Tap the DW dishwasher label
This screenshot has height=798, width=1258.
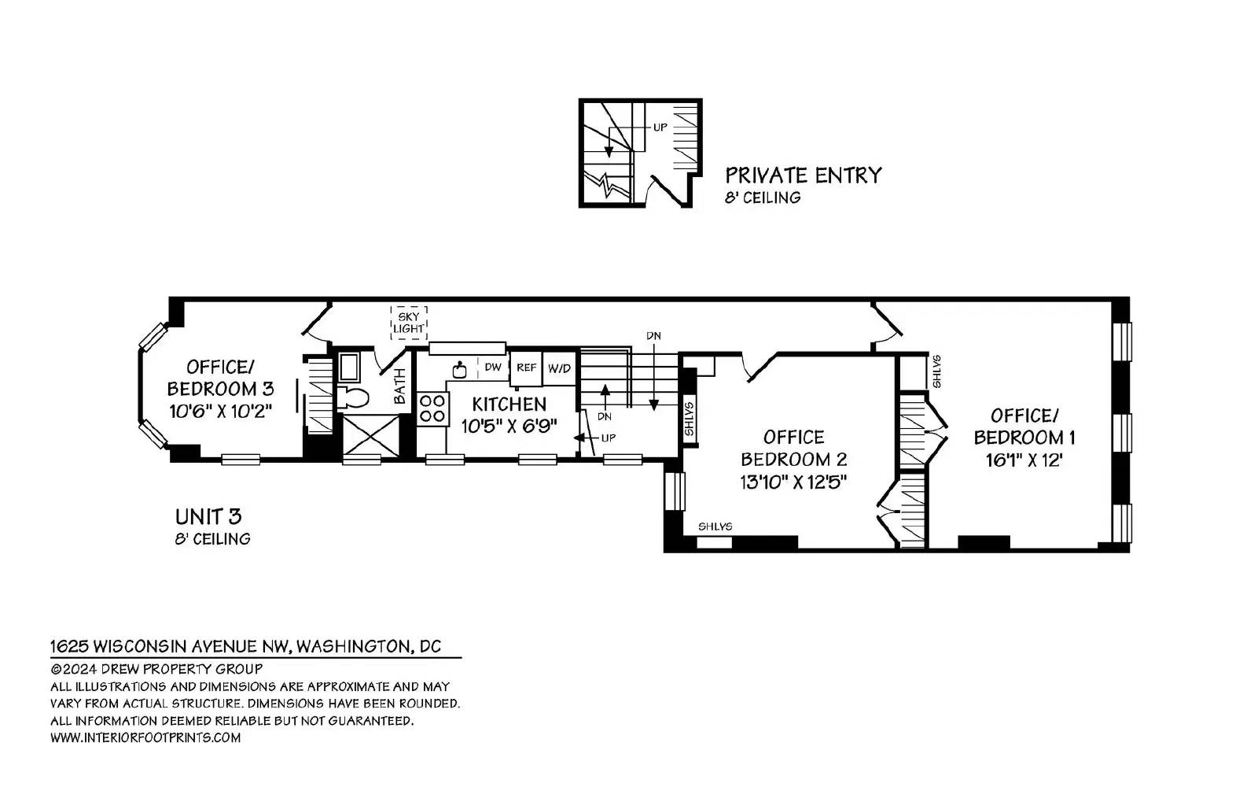[492, 368]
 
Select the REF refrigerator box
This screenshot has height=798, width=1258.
[526, 368]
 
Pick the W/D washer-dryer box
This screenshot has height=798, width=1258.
[559, 368]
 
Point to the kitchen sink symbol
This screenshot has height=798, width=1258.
[460, 371]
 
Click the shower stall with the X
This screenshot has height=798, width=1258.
[370, 435]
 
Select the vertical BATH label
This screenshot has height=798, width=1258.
[400, 386]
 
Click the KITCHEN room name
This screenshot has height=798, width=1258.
[509, 404]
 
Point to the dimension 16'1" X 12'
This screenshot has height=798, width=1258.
[1024, 460]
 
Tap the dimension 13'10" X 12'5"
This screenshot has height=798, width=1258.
[793, 482]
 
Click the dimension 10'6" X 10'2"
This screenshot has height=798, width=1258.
[221, 412]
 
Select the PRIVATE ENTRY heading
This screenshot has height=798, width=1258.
[803, 175]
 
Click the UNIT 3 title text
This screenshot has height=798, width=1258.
[208, 516]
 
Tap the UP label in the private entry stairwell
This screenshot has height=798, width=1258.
[660, 127]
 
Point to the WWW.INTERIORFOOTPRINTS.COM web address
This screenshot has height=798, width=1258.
[145, 737]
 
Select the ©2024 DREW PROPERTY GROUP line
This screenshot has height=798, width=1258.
[156, 669]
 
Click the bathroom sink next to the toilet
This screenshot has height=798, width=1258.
[349, 368]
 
